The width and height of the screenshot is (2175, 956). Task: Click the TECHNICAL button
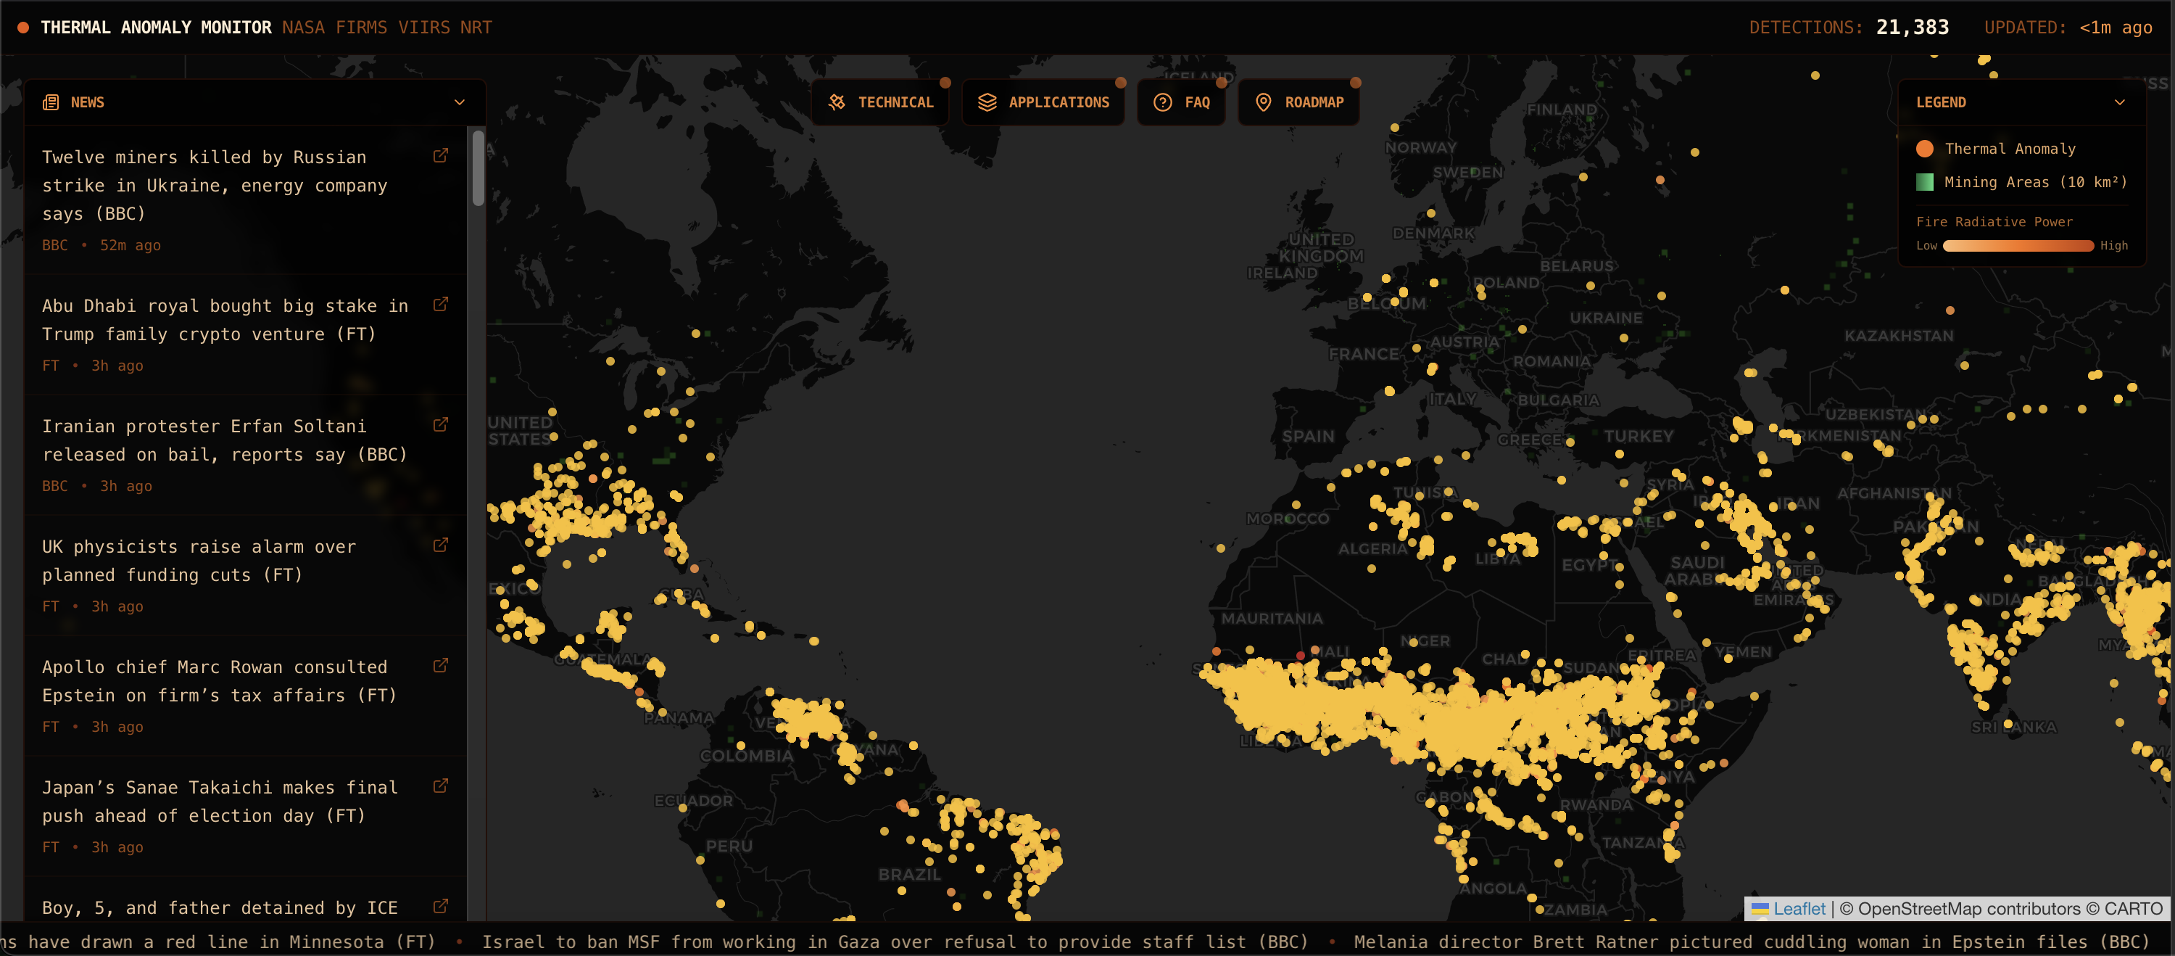(880, 102)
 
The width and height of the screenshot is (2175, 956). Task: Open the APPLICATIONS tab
(1043, 102)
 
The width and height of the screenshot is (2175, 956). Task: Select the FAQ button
(1181, 102)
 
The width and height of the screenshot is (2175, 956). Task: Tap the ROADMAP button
(1299, 102)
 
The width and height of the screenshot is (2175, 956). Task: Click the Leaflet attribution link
(1799, 909)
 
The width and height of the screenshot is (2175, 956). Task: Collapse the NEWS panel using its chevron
(460, 102)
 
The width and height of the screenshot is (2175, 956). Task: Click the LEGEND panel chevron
(2119, 102)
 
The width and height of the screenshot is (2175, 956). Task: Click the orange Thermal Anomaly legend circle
(1925, 149)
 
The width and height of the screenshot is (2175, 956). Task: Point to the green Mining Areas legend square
(1925, 181)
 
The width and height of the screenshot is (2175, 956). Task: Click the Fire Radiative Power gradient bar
(2018, 246)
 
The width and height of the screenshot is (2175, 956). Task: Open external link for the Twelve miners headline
(441, 155)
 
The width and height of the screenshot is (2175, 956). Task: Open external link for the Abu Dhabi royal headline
(441, 304)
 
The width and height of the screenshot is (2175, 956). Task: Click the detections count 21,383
(1913, 27)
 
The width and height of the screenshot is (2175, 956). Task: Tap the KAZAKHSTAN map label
(1898, 335)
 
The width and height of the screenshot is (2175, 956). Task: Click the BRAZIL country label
(909, 874)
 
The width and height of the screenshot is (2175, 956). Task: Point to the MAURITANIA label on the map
(1272, 618)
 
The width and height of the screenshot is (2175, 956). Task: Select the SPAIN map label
(1308, 436)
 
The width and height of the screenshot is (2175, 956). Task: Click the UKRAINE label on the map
(1606, 318)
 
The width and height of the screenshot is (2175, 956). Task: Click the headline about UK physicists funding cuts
(199, 561)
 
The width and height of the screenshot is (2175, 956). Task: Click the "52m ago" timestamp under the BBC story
(130, 245)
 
